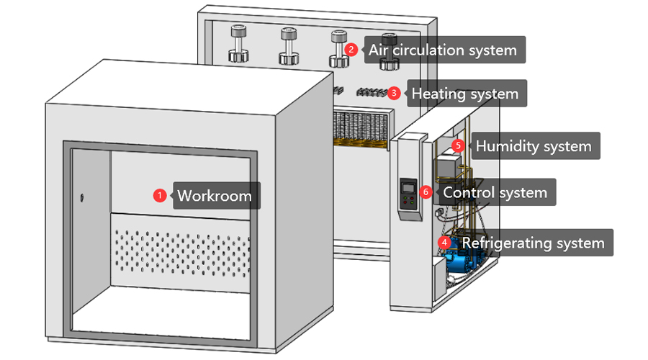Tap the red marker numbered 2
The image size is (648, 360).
[x=351, y=50]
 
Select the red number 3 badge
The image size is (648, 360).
[x=394, y=93]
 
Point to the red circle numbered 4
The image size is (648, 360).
[x=446, y=243]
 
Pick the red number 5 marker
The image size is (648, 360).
[x=458, y=145]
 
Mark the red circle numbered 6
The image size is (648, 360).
[x=426, y=192]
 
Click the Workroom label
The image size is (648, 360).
[x=215, y=195]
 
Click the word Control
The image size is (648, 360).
[x=468, y=193]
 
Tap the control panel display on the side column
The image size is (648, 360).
[x=408, y=189]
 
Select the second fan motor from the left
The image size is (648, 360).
[x=288, y=47]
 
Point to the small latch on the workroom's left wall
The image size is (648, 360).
[x=81, y=197]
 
